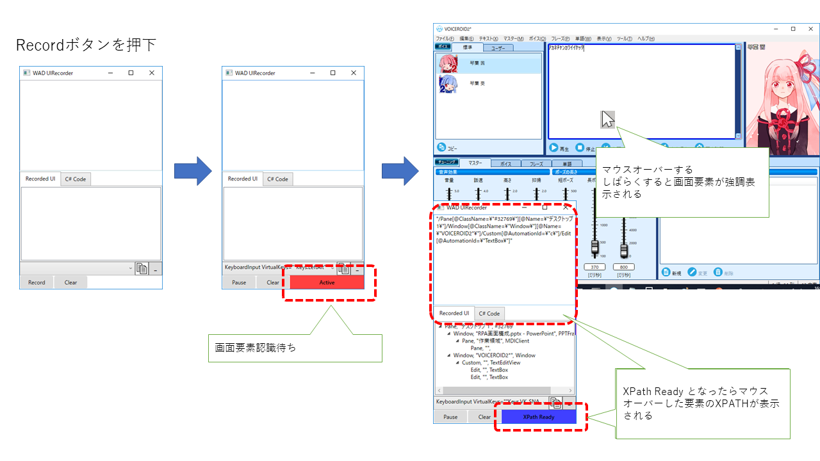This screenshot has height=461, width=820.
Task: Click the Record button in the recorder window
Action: click(37, 282)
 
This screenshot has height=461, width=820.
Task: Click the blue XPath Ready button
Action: click(538, 417)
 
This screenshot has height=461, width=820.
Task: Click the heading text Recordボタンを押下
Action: click(86, 45)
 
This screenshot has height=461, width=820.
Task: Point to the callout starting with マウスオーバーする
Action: click(682, 182)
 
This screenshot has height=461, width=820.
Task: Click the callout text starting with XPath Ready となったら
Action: click(702, 403)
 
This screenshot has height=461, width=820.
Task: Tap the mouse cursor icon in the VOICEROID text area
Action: click(607, 119)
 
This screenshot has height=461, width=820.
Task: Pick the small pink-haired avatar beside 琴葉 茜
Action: click(448, 63)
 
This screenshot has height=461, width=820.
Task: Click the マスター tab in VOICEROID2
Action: click(475, 163)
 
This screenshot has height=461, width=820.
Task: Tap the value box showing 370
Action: click(594, 267)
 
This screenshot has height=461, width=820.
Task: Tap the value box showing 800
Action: click(624, 267)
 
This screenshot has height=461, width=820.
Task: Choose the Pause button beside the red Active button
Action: click(239, 282)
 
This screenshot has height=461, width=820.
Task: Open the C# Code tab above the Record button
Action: click(76, 179)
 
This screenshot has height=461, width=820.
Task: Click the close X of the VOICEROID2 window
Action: click(810, 29)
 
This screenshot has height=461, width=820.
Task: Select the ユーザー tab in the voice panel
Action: click(498, 47)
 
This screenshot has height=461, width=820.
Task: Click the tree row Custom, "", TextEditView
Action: click(491, 362)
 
